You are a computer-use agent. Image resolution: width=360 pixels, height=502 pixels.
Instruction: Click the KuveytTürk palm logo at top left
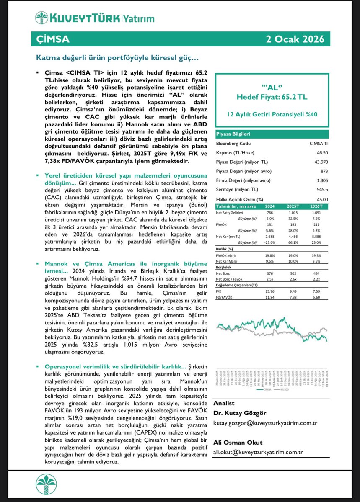pos(42,18)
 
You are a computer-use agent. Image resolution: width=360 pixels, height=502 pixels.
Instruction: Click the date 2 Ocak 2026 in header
pos(295,39)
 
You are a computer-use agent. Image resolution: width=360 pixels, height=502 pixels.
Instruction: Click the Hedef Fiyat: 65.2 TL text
pos(272,97)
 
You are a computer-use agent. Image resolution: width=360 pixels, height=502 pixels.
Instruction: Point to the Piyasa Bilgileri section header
pos(233,134)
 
